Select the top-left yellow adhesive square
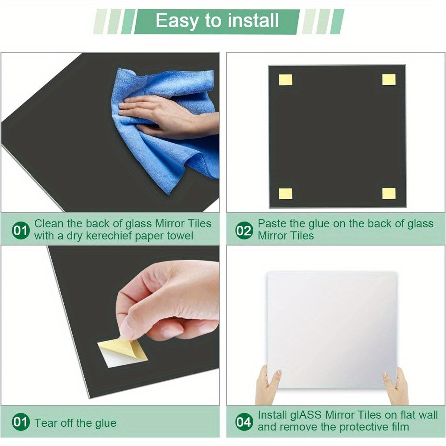coord(285,80)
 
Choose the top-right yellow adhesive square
coord(389,79)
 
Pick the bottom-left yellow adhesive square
coord(285,194)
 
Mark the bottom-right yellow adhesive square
coord(389,194)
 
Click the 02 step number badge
coord(244,231)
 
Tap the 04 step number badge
coord(244,422)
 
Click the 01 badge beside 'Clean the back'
coord(21,231)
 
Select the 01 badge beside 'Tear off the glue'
coord(21,422)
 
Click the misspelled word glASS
coord(306,416)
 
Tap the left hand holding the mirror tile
coord(268,384)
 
